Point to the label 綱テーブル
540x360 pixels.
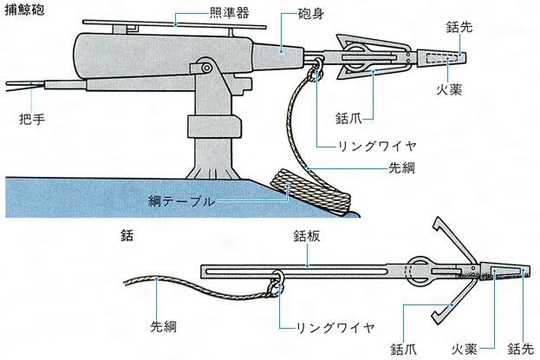182,201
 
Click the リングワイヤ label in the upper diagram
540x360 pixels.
367,145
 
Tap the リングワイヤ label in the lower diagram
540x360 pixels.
335,327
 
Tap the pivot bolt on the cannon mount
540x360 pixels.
205,67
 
